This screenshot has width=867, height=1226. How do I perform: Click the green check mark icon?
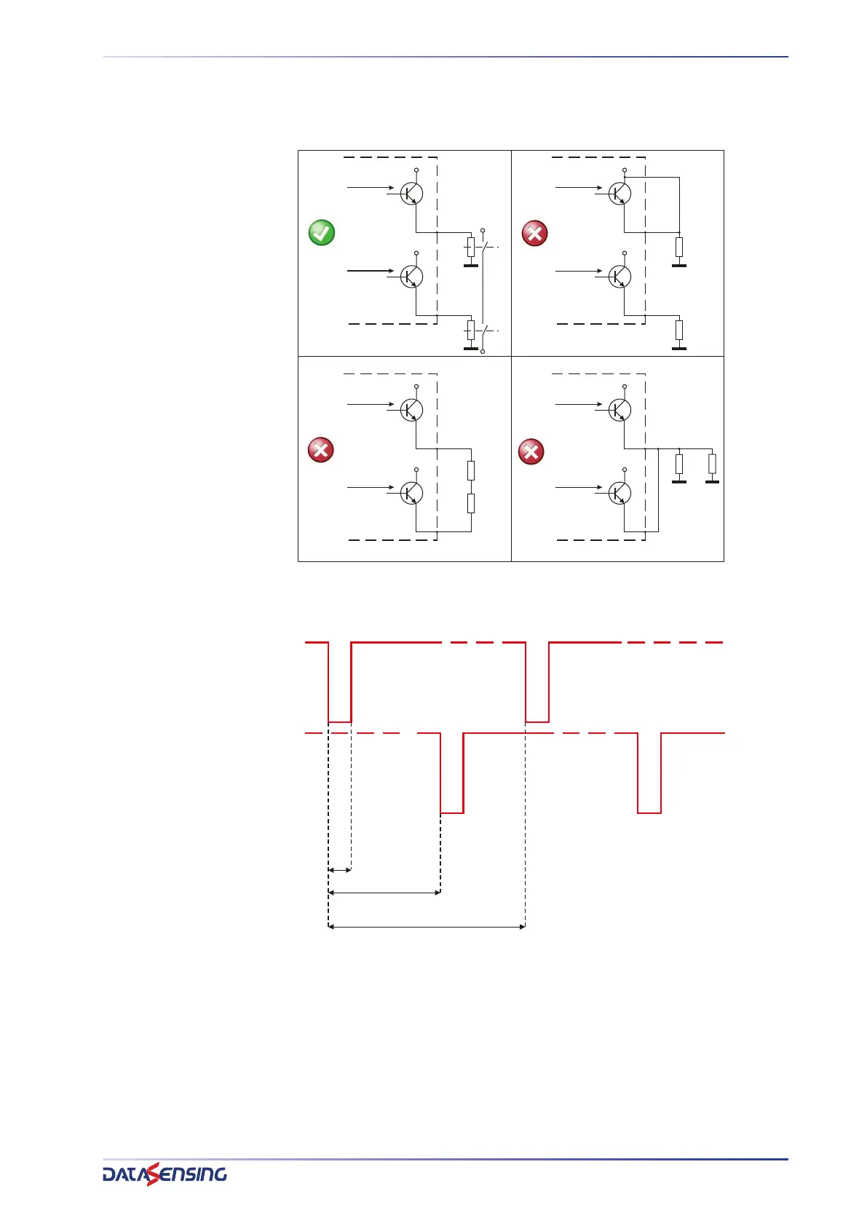tap(322, 233)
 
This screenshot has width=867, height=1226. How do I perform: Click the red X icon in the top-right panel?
tap(534, 233)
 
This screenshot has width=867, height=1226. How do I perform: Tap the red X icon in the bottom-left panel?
tap(321, 450)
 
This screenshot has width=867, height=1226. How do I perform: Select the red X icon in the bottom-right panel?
tap(531, 451)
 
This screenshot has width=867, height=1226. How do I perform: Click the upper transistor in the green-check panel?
tap(411, 194)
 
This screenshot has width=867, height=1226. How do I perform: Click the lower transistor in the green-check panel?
tap(411, 277)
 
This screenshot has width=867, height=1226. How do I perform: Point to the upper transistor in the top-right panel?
tap(619, 194)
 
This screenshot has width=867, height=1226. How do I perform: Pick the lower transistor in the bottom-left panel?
tap(411, 493)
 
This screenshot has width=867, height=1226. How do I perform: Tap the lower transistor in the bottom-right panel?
tap(619, 493)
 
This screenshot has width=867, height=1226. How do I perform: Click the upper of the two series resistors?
tap(471, 470)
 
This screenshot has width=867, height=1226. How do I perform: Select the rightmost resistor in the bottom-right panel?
tap(712, 464)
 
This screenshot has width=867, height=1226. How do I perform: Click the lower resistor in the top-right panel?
tap(679, 331)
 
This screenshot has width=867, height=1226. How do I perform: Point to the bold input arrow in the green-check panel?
tap(371, 271)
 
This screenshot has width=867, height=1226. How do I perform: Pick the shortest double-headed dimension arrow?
tap(340, 869)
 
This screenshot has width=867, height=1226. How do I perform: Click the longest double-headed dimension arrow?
tap(427, 927)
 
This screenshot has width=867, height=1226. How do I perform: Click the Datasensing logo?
tap(165, 1174)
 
